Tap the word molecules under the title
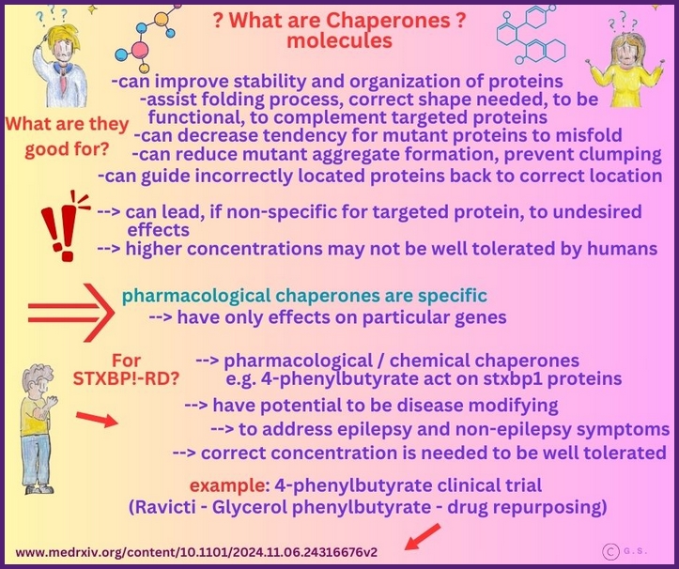(340, 41)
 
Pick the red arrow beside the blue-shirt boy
(97, 420)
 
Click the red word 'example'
(225, 485)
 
